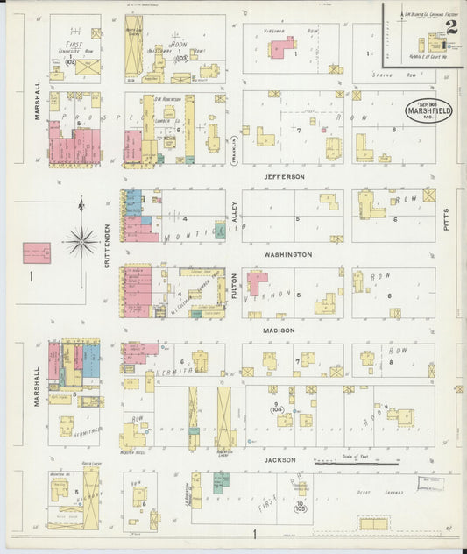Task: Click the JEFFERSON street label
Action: coord(286,176)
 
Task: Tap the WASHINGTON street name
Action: coord(288,254)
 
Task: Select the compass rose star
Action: coord(81,238)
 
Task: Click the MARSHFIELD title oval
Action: coord(429,111)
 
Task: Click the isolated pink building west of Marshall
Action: coord(36,252)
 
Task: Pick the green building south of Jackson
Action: coord(222,480)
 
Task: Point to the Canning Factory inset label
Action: coord(428,15)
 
